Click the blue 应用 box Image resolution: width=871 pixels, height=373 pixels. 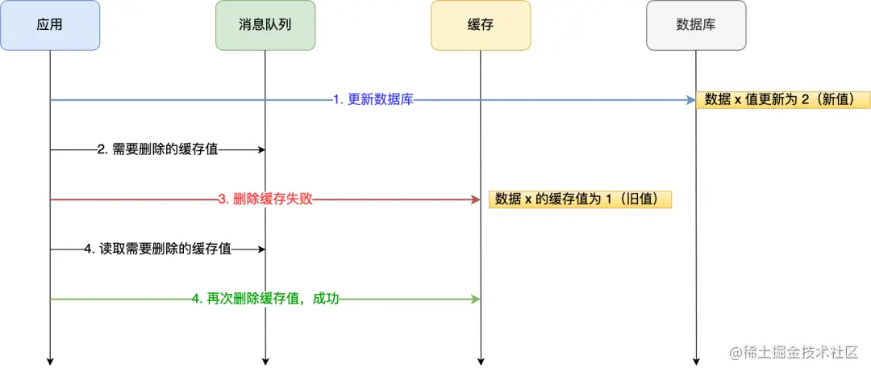(50, 25)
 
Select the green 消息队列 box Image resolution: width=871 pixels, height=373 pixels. (265, 25)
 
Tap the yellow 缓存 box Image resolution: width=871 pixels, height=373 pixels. (481, 25)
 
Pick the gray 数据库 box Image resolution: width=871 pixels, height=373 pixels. (696, 25)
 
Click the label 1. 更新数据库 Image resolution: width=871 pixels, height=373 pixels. (373, 100)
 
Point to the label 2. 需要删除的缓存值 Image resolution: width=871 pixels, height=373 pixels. (157, 149)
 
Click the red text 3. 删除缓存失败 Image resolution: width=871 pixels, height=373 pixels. (265, 199)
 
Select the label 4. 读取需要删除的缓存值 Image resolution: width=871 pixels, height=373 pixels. (158, 249)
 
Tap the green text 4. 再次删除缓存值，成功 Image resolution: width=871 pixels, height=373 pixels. (265, 300)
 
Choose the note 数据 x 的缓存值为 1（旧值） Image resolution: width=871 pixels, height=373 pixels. (580, 199)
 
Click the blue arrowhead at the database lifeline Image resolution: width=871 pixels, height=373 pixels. (690, 100)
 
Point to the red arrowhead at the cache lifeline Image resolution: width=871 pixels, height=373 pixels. (475, 199)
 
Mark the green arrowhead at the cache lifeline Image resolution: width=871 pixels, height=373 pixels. (475, 300)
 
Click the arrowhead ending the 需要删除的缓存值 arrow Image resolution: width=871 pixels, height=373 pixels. (260, 149)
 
